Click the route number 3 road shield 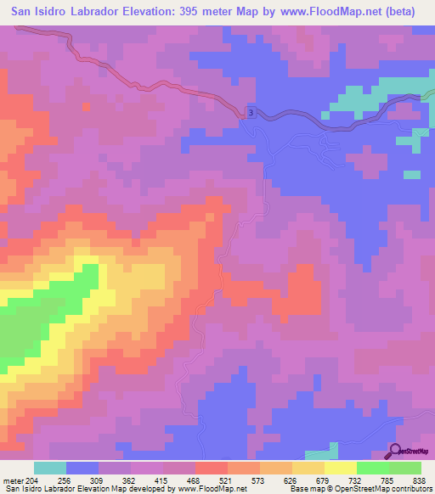251,112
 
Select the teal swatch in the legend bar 50,468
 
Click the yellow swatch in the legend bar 340,468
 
